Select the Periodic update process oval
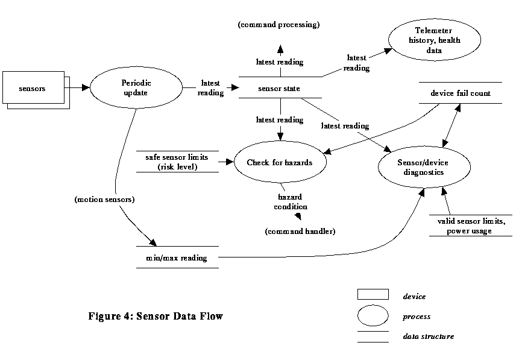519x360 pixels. tap(136, 87)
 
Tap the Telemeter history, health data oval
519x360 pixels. tap(433, 40)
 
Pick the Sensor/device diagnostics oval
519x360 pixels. tap(420, 167)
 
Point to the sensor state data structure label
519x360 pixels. tap(279, 89)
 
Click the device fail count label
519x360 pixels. tap(460, 93)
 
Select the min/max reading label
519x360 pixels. tap(177, 258)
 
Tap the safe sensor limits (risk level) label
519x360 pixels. tap(177, 162)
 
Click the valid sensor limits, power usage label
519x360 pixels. tap(471, 226)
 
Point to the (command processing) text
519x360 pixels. tap(278, 25)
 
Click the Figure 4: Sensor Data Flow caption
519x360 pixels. tap(156, 316)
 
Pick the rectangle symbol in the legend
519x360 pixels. tap(373, 295)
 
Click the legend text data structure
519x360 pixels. tap(429, 336)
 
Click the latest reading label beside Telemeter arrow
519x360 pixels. tap(356, 63)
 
